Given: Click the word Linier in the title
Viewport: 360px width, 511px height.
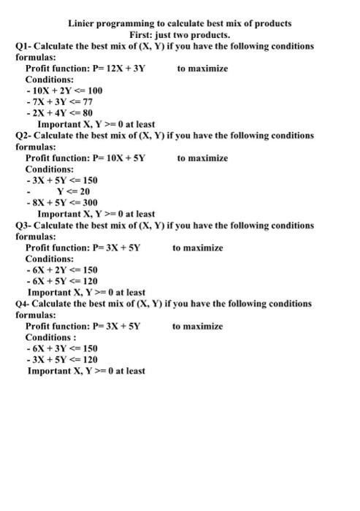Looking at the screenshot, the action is [x=83, y=23].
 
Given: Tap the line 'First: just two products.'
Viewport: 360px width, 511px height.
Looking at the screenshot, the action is [x=180, y=34].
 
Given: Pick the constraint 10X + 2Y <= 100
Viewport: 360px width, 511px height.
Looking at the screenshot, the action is [x=66, y=91].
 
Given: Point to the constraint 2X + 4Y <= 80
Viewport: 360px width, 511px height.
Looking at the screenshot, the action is [x=63, y=113].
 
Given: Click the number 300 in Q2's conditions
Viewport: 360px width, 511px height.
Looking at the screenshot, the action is [x=88, y=202].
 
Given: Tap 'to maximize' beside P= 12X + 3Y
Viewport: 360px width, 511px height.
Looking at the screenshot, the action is [x=202, y=68].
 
